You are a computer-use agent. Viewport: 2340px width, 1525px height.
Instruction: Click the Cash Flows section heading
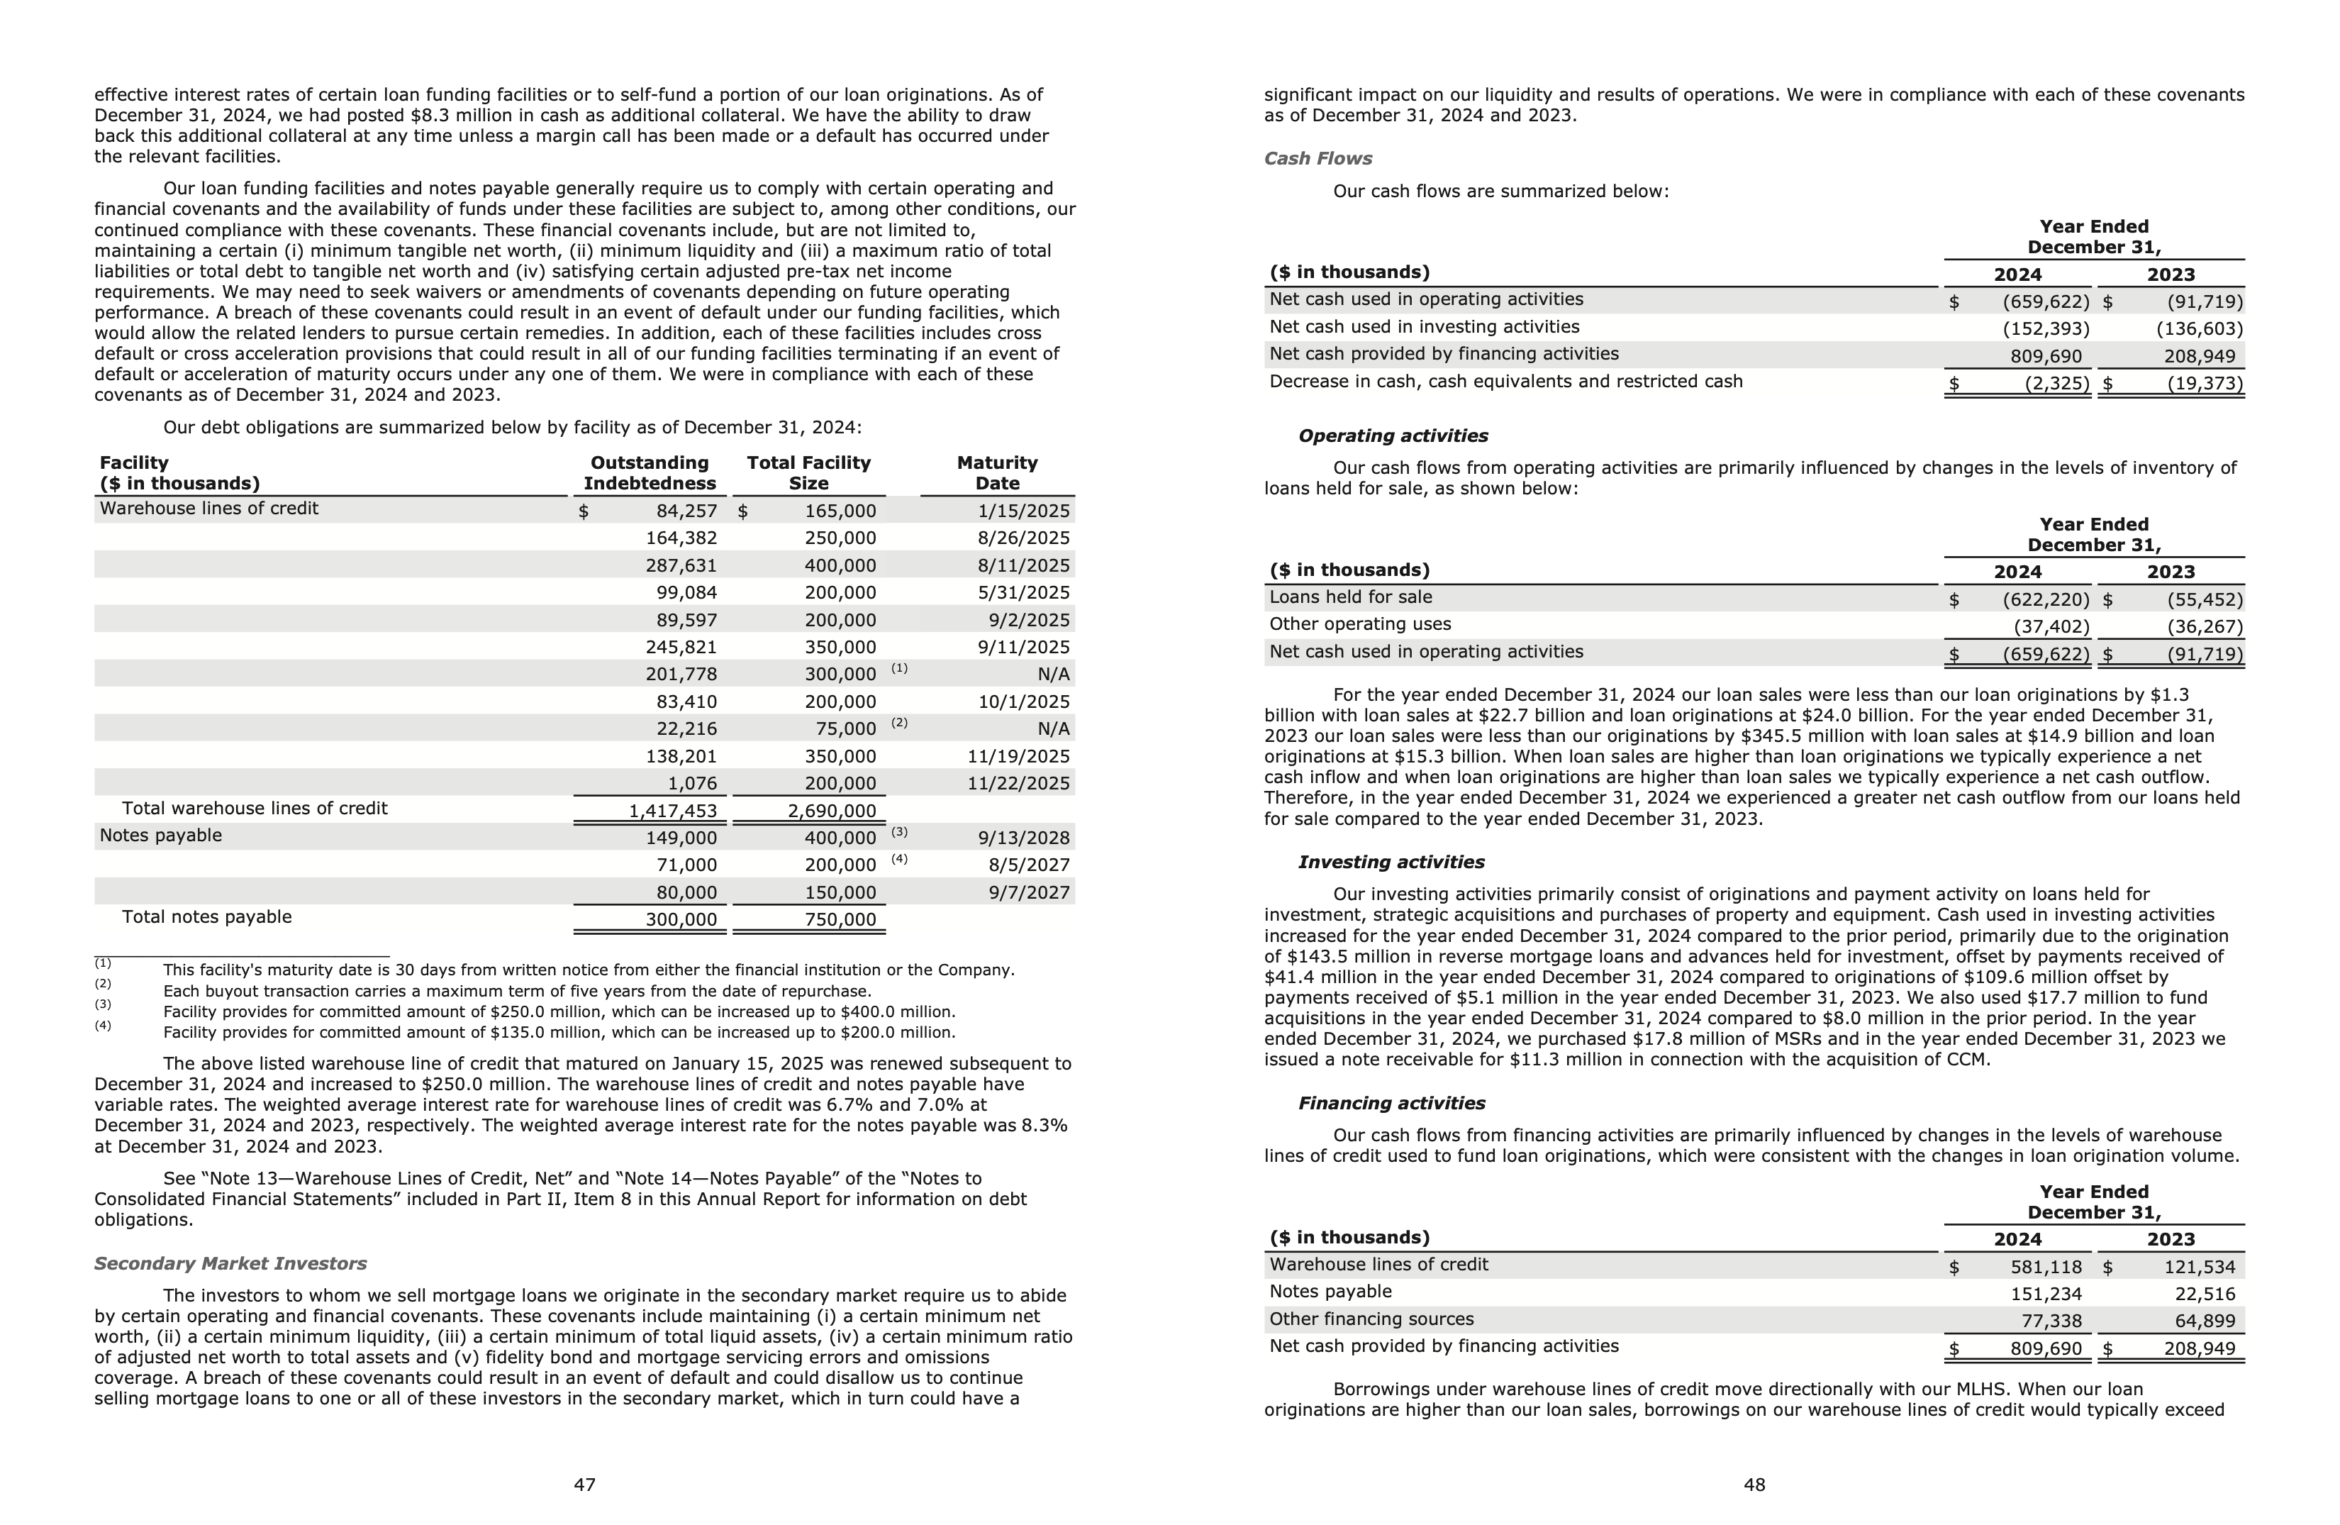coord(1317,158)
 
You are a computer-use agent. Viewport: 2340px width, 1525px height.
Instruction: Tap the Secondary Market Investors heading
coord(230,1263)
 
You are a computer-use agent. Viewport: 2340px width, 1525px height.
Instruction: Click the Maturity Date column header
coord(997,473)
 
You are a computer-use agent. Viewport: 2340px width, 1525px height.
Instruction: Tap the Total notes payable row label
coord(206,916)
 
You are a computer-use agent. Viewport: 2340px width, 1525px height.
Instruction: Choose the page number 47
coord(584,1485)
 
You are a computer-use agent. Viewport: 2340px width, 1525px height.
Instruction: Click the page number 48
coord(1754,1485)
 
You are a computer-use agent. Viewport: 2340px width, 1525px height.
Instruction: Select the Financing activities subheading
coord(1391,1103)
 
